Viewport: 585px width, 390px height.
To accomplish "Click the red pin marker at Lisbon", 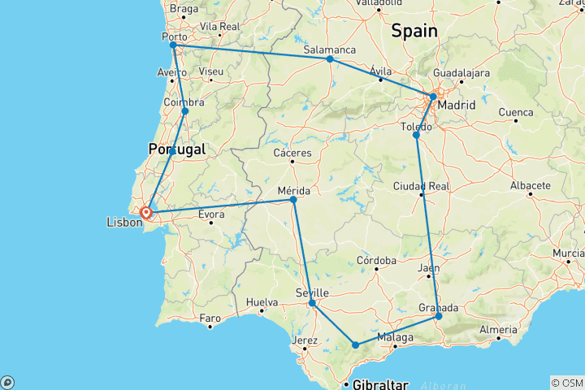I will coord(146,214).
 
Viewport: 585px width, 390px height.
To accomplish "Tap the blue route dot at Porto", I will coord(173,45).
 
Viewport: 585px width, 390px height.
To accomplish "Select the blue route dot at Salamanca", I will coord(329,59).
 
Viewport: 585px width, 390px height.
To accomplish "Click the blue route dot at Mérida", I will coord(293,199).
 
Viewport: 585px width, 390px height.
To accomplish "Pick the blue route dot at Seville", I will coord(312,303).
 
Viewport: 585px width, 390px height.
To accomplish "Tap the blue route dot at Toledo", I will coord(416,135).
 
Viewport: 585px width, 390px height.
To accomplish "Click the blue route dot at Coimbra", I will coord(185,111).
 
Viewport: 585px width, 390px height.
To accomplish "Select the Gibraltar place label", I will coord(379,383).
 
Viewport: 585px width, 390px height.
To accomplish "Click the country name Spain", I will coord(414,32).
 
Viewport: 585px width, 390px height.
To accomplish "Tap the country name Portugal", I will coord(176,149).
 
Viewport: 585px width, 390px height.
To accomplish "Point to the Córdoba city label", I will coord(375,261).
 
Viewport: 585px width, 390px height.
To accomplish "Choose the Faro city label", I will coord(210,317).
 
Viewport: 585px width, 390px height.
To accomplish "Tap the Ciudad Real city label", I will coord(422,186).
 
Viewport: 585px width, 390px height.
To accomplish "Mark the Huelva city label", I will coord(262,301).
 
